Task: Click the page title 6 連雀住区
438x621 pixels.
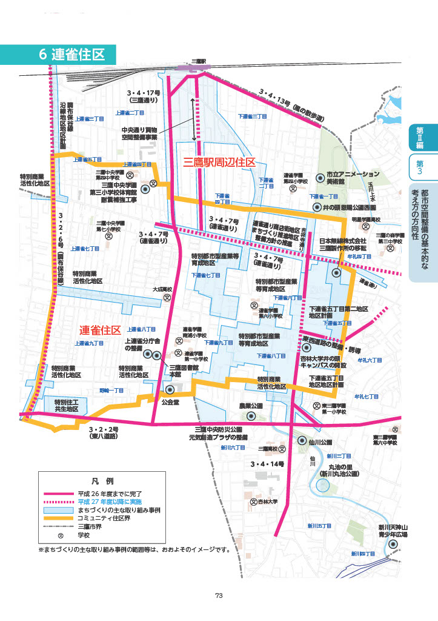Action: click(72, 54)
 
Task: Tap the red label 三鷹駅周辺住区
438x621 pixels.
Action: click(218, 163)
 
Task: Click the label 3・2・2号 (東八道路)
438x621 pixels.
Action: click(104, 432)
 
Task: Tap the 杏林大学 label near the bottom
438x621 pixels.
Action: click(267, 502)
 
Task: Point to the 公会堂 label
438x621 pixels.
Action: click(171, 401)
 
